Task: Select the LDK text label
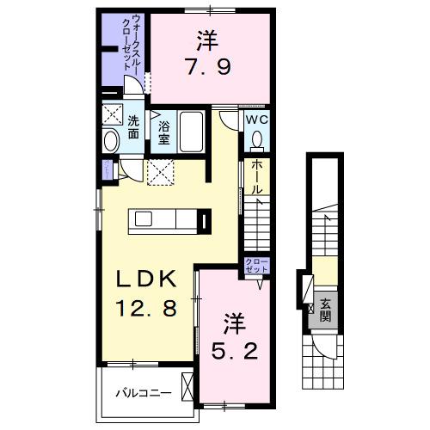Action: [141, 279]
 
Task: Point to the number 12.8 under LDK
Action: [141, 306]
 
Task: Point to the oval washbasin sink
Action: [111, 142]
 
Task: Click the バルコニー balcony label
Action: [141, 393]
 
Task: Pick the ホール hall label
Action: [256, 176]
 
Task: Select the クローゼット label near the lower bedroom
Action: [256, 265]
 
